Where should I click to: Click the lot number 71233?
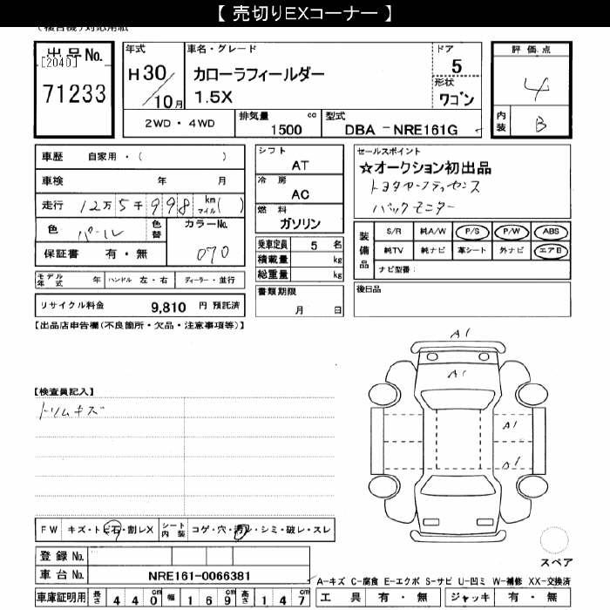click(74, 94)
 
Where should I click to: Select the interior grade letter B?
click(540, 125)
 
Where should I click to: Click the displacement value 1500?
click(287, 129)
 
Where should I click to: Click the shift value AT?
click(300, 165)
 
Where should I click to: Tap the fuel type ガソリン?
click(301, 224)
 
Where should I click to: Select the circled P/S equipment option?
click(471, 232)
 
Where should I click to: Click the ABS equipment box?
click(551, 232)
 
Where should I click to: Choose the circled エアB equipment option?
click(551, 250)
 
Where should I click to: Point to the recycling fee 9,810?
click(168, 306)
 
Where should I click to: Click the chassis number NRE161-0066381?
click(200, 575)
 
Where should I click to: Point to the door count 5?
click(457, 65)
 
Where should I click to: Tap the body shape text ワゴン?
click(457, 100)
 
